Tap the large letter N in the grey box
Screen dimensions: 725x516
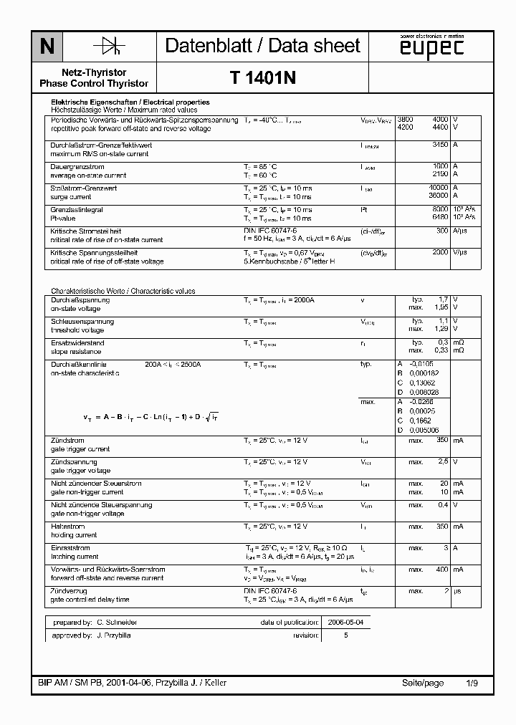click(x=47, y=47)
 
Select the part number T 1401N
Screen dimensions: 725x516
click(x=263, y=80)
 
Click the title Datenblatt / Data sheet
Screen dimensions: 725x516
click(x=262, y=46)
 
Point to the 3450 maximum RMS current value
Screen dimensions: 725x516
click(x=441, y=144)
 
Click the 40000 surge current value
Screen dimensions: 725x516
click(x=439, y=188)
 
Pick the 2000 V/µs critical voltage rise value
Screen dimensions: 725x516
click(x=441, y=252)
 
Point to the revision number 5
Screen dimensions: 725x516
click(x=345, y=635)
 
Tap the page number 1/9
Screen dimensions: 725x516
click(x=472, y=683)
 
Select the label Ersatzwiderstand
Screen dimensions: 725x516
click(x=77, y=343)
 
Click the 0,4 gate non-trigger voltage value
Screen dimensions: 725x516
click(x=444, y=505)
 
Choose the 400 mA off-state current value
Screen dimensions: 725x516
click(x=441, y=570)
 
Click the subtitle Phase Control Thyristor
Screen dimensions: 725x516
click(x=95, y=84)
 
